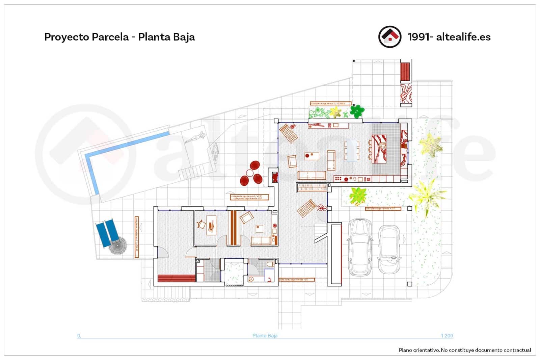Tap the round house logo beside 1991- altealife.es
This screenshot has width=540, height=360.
point(390,36)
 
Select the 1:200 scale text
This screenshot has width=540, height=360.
point(447,336)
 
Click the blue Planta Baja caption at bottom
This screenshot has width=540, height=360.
point(265,336)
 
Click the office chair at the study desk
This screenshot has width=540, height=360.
point(201,224)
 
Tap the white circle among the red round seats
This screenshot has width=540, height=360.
point(250,173)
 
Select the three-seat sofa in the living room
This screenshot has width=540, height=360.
point(312,175)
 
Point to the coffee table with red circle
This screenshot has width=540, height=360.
point(312,156)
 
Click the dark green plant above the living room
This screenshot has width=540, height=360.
point(357,111)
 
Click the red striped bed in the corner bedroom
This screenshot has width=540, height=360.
point(177,279)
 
